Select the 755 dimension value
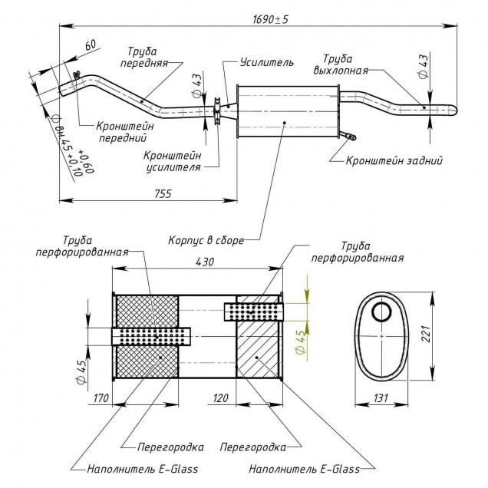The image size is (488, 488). click(x=161, y=193)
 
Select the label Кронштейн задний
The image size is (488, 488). click(x=394, y=161)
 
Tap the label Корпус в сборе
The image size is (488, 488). click(x=206, y=240)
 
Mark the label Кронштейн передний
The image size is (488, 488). click(x=125, y=132)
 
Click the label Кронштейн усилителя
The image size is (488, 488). click(x=173, y=160)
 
